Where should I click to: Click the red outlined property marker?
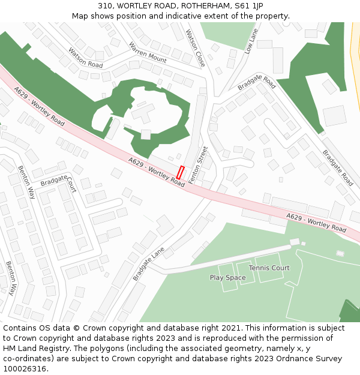pos(180,172)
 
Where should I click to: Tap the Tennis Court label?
pos(269,268)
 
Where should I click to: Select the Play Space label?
pos(227,278)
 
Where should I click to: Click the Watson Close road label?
pos(196,48)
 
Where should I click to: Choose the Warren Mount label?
pos(148,52)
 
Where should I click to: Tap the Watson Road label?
pos(85,58)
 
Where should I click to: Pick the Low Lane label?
pos(251,40)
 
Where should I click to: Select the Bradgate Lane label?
pos(148,264)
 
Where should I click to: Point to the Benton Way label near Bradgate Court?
pos(26,182)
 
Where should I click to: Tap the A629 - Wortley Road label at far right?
pos(316,223)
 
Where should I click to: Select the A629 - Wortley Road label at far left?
pos(39,106)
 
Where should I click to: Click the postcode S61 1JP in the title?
pos(249,5)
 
